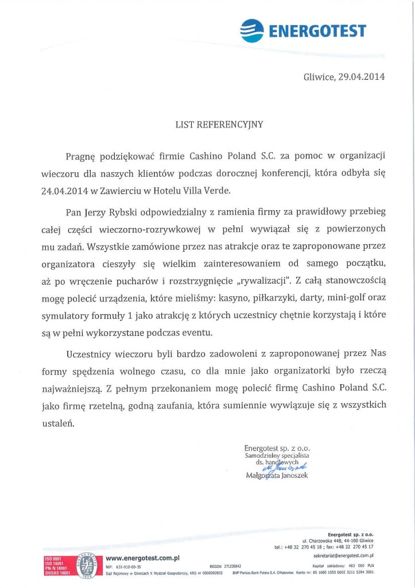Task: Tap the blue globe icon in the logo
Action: [x=250, y=29]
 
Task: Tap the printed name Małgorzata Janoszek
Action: [x=277, y=475]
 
